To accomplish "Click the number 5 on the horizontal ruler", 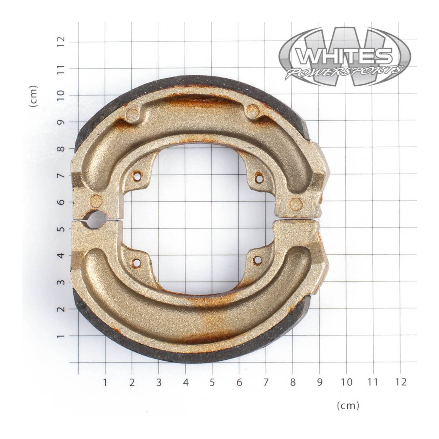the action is pyautogui.click(x=212, y=382).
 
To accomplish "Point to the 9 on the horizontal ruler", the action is pyautogui.click(x=319, y=382).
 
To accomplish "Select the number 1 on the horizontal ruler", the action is pyautogui.click(x=105, y=382).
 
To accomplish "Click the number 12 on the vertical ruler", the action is pyautogui.click(x=61, y=42).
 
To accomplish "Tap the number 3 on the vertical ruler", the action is pyautogui.click(x=61, y=282).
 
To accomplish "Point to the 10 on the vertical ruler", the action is pyautogui.click(x=61, y=95).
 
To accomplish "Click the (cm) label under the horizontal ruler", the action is pyautogui.click(x=348, y=406).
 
